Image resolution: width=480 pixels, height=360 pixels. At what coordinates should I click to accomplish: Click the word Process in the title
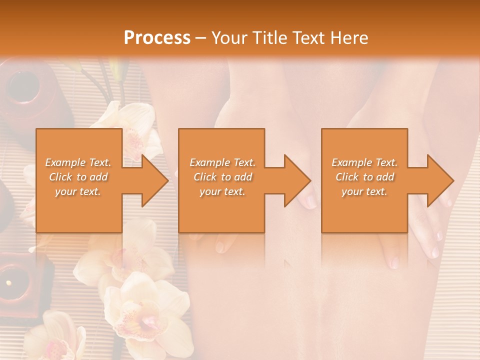157,38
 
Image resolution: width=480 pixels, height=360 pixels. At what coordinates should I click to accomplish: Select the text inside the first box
78,177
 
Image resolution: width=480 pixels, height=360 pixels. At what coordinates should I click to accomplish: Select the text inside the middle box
222,177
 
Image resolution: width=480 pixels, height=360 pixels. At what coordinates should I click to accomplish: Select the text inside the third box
364,177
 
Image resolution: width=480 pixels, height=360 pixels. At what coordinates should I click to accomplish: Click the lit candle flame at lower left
8,282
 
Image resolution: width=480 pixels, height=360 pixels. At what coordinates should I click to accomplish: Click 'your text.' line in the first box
78,191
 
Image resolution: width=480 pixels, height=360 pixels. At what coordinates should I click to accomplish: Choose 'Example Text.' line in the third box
364,162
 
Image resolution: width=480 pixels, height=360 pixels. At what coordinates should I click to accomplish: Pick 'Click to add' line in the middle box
222,177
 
